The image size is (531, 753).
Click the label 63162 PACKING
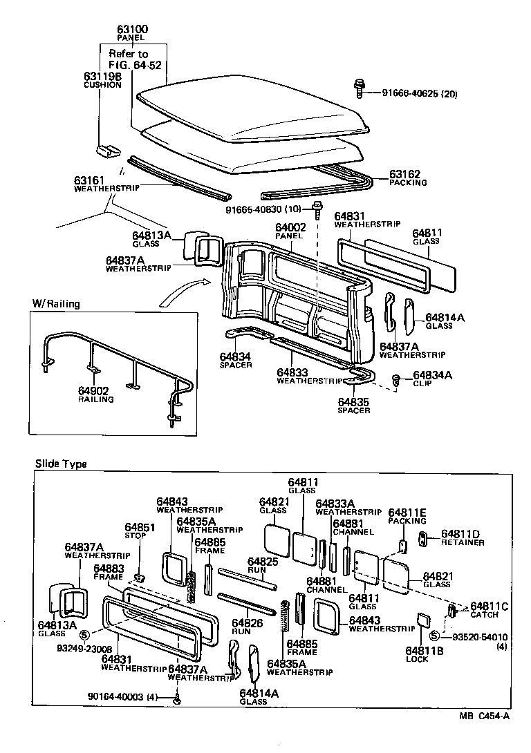[x=408, y=178]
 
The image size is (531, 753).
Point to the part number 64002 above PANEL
[x=290, y=227]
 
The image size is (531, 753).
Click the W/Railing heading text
[x=56, y=304]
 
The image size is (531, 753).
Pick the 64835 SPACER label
[x=354, y=406]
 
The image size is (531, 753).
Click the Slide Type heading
[x=61, y=464]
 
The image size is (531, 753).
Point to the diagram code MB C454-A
[x=484, y=716]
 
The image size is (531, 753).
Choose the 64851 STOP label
[x=140, y=531]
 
